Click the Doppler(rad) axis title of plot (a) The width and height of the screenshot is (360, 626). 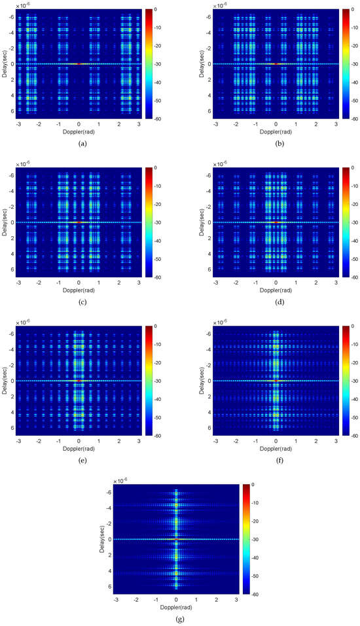pos(79,131)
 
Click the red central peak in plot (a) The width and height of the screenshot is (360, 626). pos(79,64)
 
